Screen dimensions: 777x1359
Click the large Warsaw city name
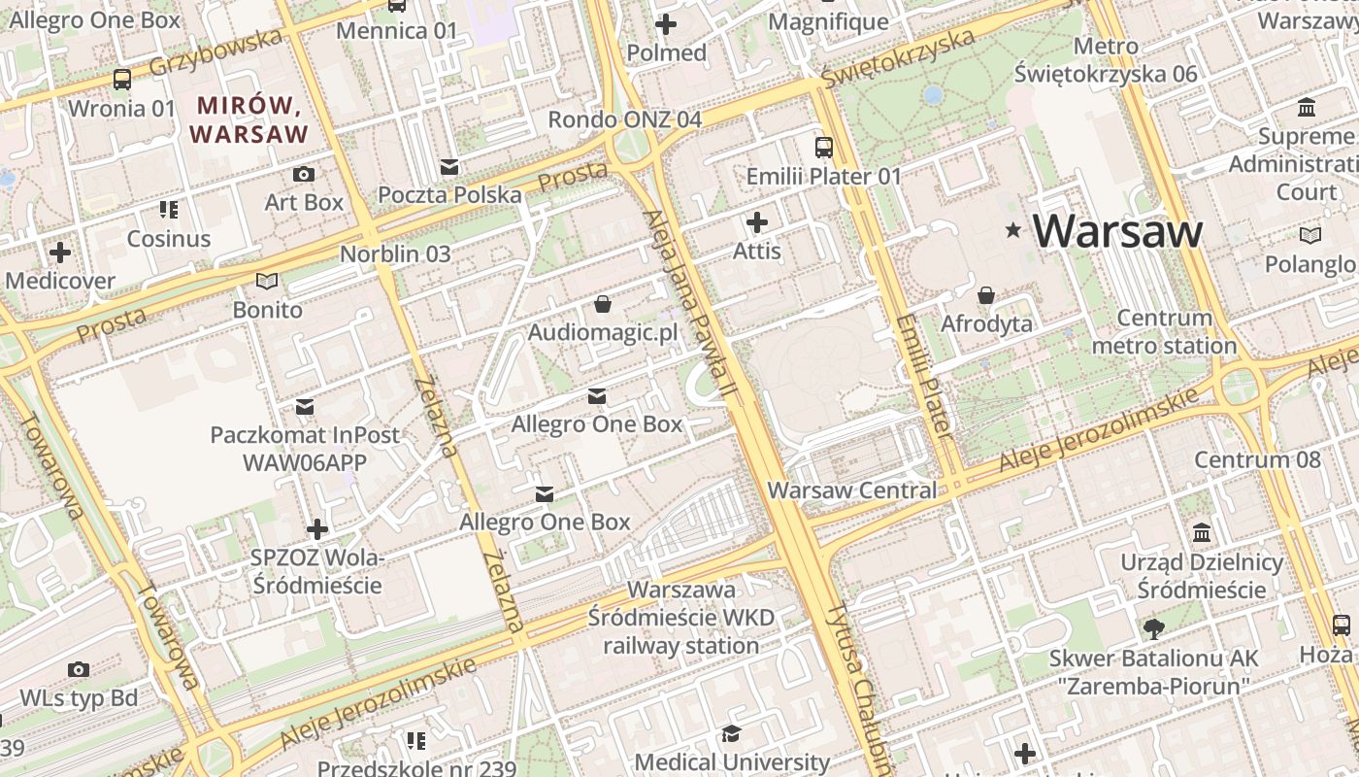1117,231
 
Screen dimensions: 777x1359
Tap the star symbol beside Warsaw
1013,230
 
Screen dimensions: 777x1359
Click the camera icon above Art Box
304,174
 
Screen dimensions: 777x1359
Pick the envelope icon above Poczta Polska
448,167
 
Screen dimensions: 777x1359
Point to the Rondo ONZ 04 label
624,119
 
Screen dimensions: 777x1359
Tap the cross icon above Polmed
666,24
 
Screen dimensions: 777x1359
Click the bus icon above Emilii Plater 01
823,148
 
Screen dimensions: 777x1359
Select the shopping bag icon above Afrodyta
986,294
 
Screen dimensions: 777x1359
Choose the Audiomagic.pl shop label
602,333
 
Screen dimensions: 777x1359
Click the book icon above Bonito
267,282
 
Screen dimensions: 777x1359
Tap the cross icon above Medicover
60,253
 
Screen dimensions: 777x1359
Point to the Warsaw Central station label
852,490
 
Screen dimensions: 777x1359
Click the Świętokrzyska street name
897,57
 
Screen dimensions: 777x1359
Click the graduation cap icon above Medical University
731,734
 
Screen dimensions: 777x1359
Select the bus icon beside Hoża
1342,625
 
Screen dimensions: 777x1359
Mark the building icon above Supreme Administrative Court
1307,107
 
